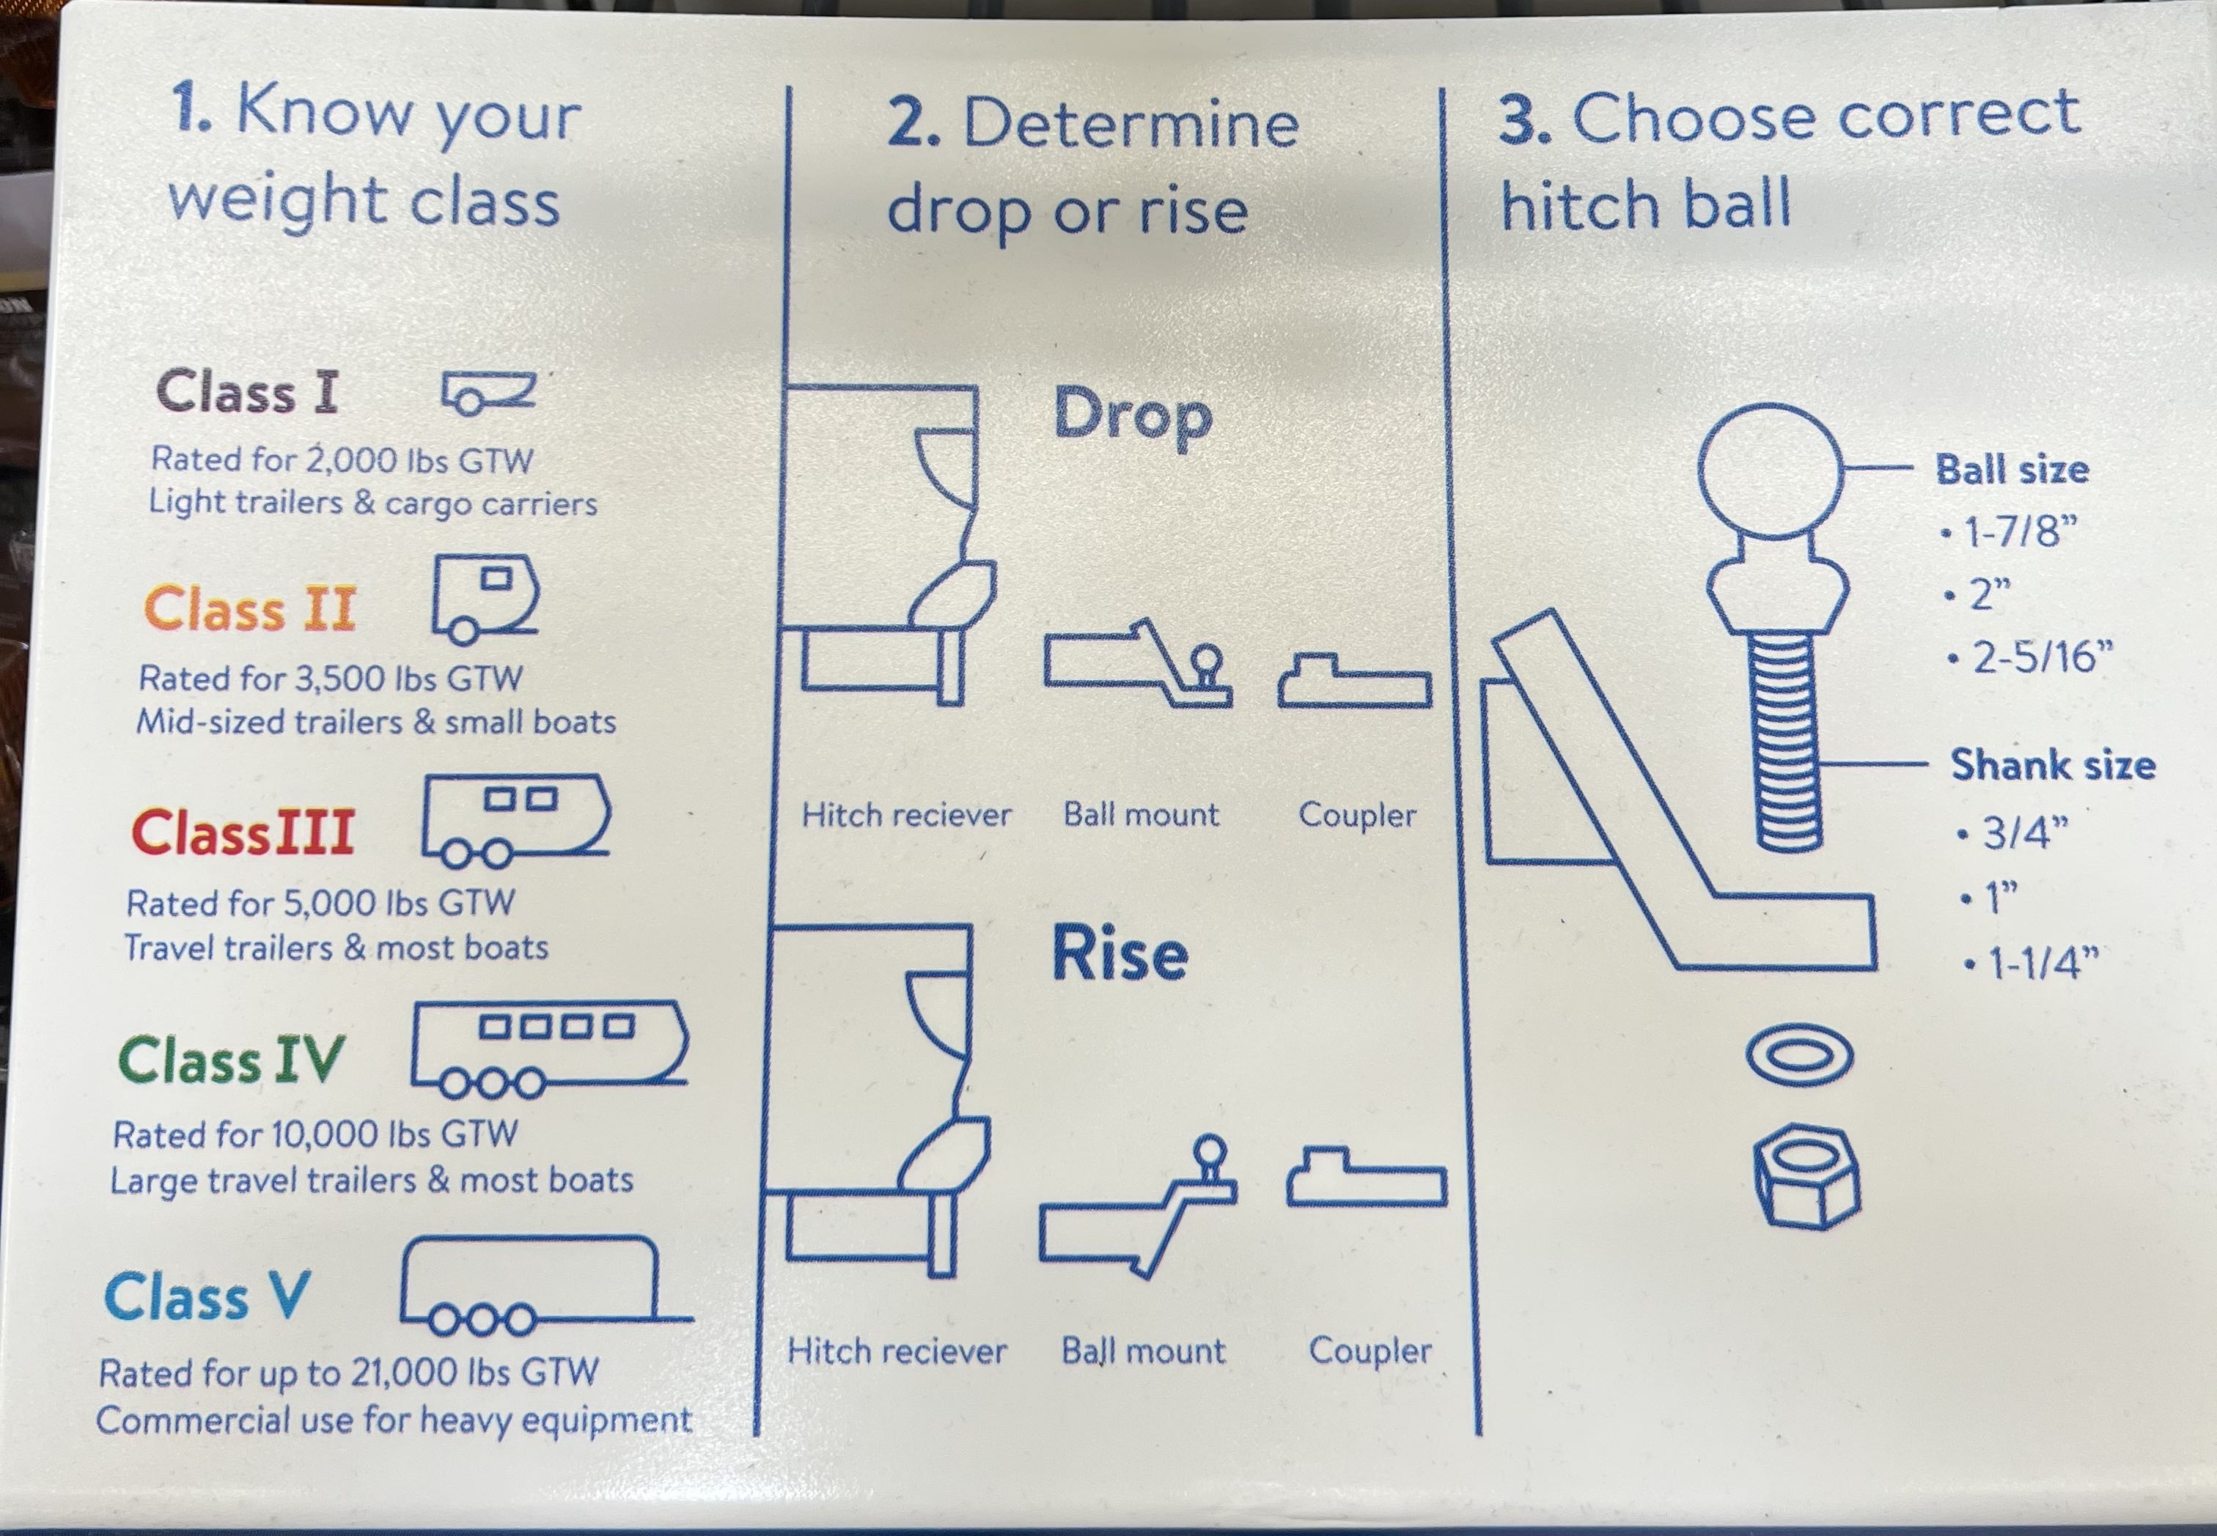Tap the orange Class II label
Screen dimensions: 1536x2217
[250, 609]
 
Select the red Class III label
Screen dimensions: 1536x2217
[243, 832]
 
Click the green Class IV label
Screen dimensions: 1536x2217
[230, 1060]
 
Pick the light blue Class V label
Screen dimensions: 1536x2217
[207, 1296]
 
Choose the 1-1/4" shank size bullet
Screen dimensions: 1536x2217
[2032, 962]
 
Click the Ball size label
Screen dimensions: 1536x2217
[2012, 470]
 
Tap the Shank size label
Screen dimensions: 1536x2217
[2051, 765]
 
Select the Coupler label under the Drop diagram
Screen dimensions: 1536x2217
[1356, 815]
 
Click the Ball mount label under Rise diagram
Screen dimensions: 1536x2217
[1144, 1351]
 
